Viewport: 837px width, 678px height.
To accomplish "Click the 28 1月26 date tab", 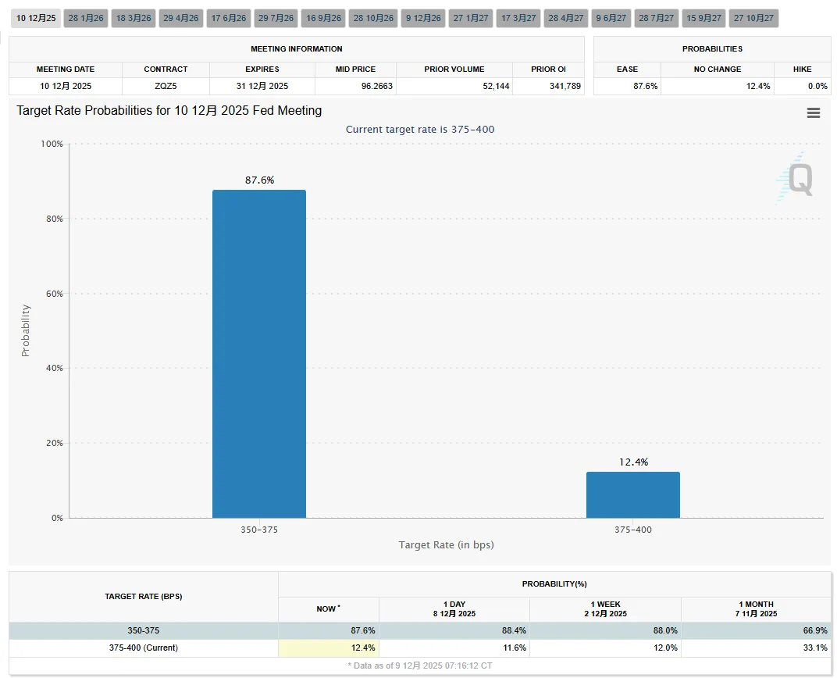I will (x=86, y=18).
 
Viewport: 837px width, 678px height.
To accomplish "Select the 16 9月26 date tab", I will (x=323, y=18).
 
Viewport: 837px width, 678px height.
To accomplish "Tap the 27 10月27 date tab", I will (x=753, y=18).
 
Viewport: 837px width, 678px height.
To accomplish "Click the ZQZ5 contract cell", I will (x=166, y=86).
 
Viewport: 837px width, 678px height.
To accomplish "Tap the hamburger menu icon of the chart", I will (x=813, y=113).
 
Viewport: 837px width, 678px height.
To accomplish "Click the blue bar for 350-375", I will (x=259, y=353).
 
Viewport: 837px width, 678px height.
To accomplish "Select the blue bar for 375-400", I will (x=632, y=494).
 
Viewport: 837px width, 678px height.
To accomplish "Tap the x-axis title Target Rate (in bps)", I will (x=446, y=544).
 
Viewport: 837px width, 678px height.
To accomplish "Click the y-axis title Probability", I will (x=26, y=330).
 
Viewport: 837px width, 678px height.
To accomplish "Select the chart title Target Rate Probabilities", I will (x=169, y=111).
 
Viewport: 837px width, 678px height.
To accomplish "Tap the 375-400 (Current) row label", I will (x=144, y=648).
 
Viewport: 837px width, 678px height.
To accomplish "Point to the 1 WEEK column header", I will (x=605, y=608).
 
